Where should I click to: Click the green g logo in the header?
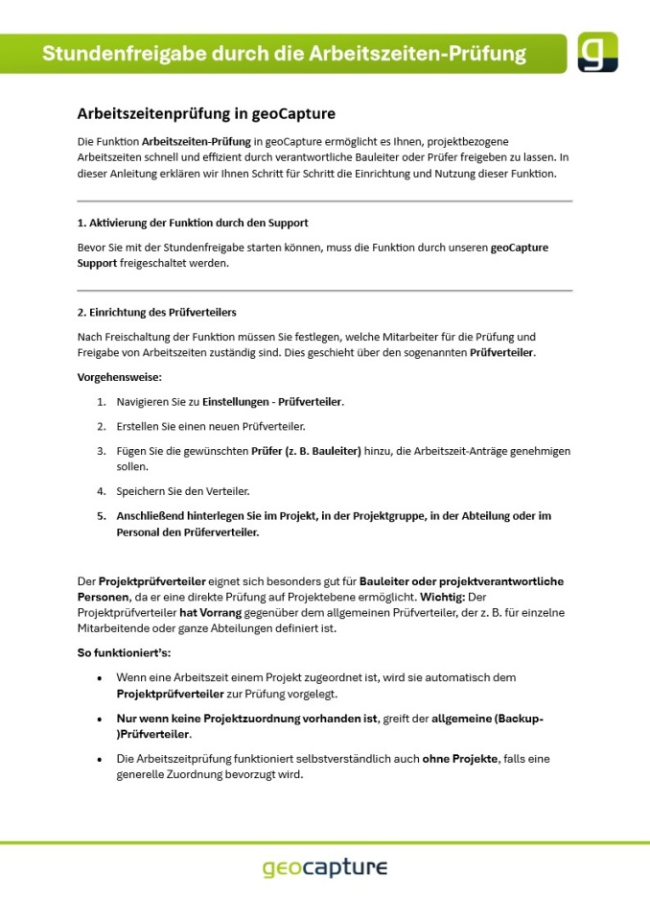[597, 53]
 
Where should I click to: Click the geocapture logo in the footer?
[325, 868]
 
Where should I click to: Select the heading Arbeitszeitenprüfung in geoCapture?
[206, 114]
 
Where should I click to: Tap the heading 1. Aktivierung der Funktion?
[193, 223]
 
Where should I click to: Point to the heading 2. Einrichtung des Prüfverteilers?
[156, 312]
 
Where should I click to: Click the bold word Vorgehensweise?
[120, 377]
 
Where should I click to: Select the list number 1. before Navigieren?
[101, 401]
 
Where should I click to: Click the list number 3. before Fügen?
[101, 450]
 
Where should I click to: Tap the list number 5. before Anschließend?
[101, 515]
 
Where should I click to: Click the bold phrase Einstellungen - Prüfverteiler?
[272, 401]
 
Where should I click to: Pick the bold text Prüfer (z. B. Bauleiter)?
[306, 450]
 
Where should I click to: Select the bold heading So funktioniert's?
[124, 652]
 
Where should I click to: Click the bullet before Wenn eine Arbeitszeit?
[100, 677]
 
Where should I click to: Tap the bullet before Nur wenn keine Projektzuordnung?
[100, 718]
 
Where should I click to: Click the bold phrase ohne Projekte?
[460, 758]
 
